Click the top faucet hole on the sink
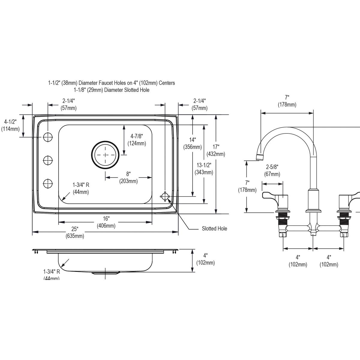pyautogui.click(x=48, y=137)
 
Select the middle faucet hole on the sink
pyautogui.click(x=48, y=160)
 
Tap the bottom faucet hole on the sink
pyautogui.click(x=48, y=183)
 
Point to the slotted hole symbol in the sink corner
pyautogui.click(x=165, y=197)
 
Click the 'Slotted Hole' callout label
pyautogui.click(x=214, y=229)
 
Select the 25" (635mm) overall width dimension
pyautogui.click(x=75, y=232)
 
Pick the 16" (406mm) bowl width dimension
pyautogui.click(x=106, y=222)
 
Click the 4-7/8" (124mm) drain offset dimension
pyautogui.click(x=136, y=140)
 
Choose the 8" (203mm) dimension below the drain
pyautogui.click(x=128, y=178)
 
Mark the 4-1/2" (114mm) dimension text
pyautogui.click(x=10, y=125)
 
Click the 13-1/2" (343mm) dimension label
pyautogui.click(x=204, y=169)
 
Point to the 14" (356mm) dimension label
pyautogui.click(x=192, y=143)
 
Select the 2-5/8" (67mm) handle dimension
pyautogui.click(x=272, y=170)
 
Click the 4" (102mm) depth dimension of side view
pyautogui.click(x=205, y=259)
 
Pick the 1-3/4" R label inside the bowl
pyautogui.click(x=81, y=189)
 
